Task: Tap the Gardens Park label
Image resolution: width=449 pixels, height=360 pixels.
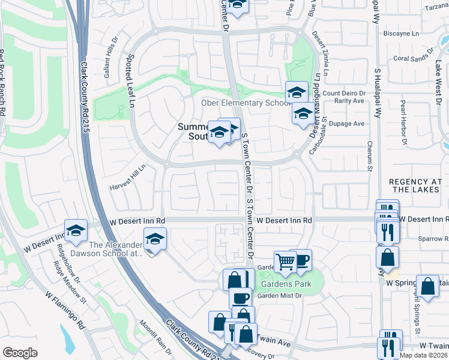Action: click(x=286, y=283)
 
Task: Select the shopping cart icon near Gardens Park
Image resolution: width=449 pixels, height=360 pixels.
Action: click(x=285, y=262)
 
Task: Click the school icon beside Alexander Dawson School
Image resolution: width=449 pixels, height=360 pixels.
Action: click(x=155, y=239)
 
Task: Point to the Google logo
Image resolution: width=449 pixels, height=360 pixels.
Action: click(x=20, y=353)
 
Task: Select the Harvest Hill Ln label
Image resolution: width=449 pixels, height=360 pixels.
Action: click(x=127, y=179)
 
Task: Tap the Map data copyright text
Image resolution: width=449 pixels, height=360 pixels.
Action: click(x=423, y=355)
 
